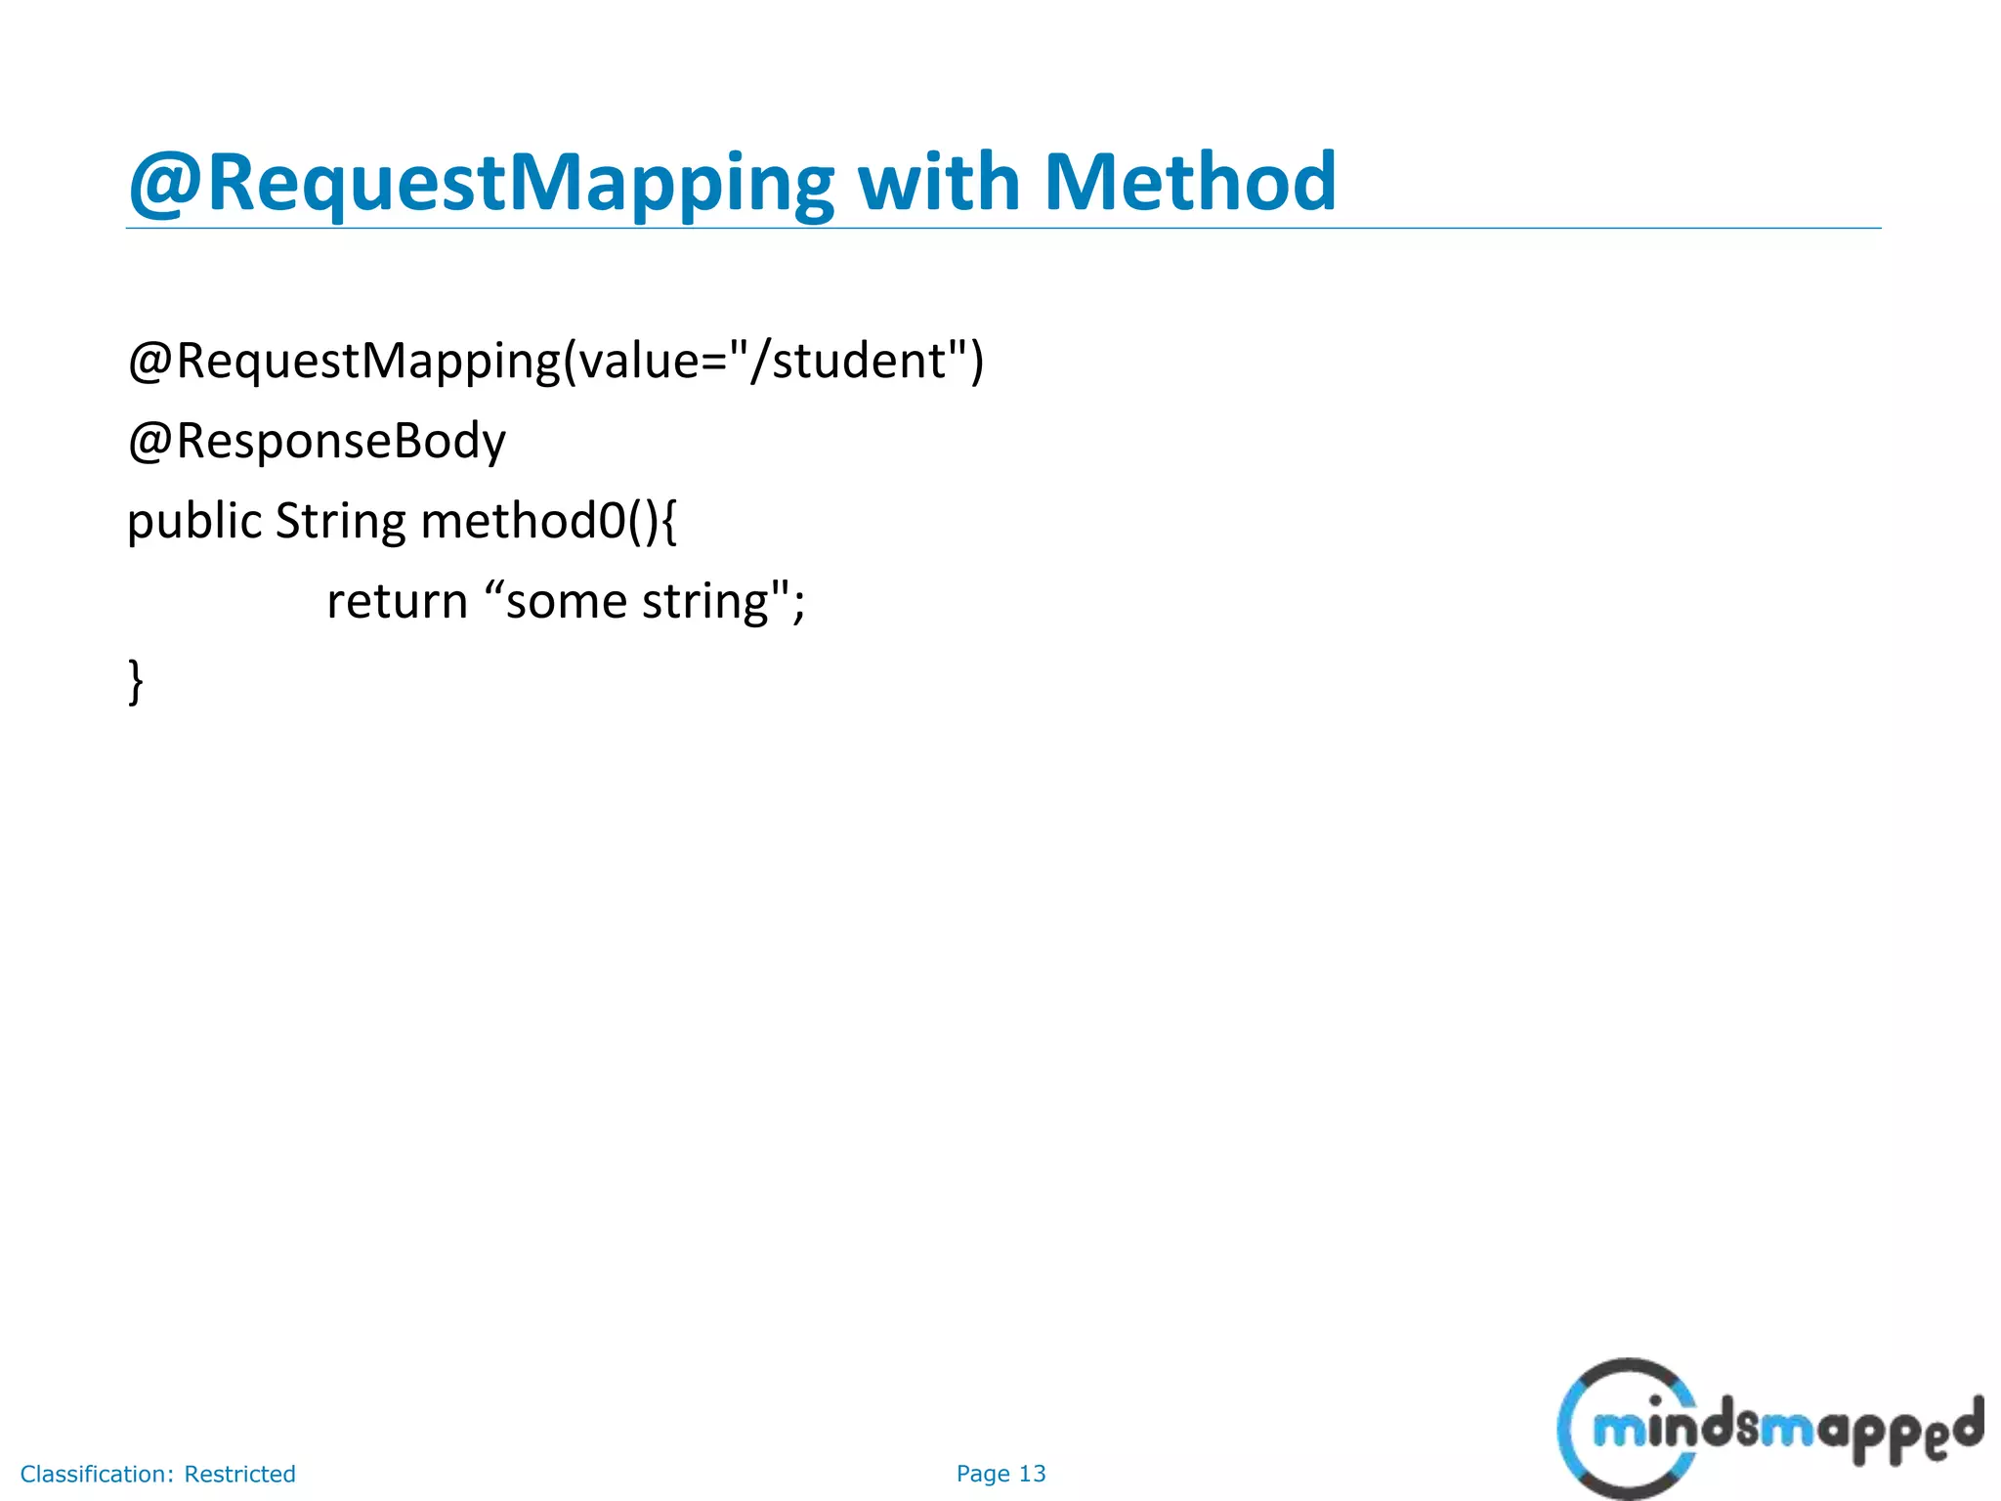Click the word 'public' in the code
pyautogui.click(x=194, y=521)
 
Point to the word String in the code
pyautogui.click(x=339, y=521)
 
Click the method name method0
pyautogui.click(x=523, y=521)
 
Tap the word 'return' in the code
pyautogui.click(x=397, y=601)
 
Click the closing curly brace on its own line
pyautogui.click(x=136, y=681)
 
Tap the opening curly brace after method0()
pyautogui.click(x=668, y=521)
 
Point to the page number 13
pyautogui.click(x=1032, y=1474)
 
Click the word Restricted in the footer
pyautogui.click(x=239, y=1474)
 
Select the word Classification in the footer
pyautogui.click(x=96, y=1474)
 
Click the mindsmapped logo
pyautogui.click(x=1768, y=1429)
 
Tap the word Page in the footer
pyautogui.click(x=983, y=1474)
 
